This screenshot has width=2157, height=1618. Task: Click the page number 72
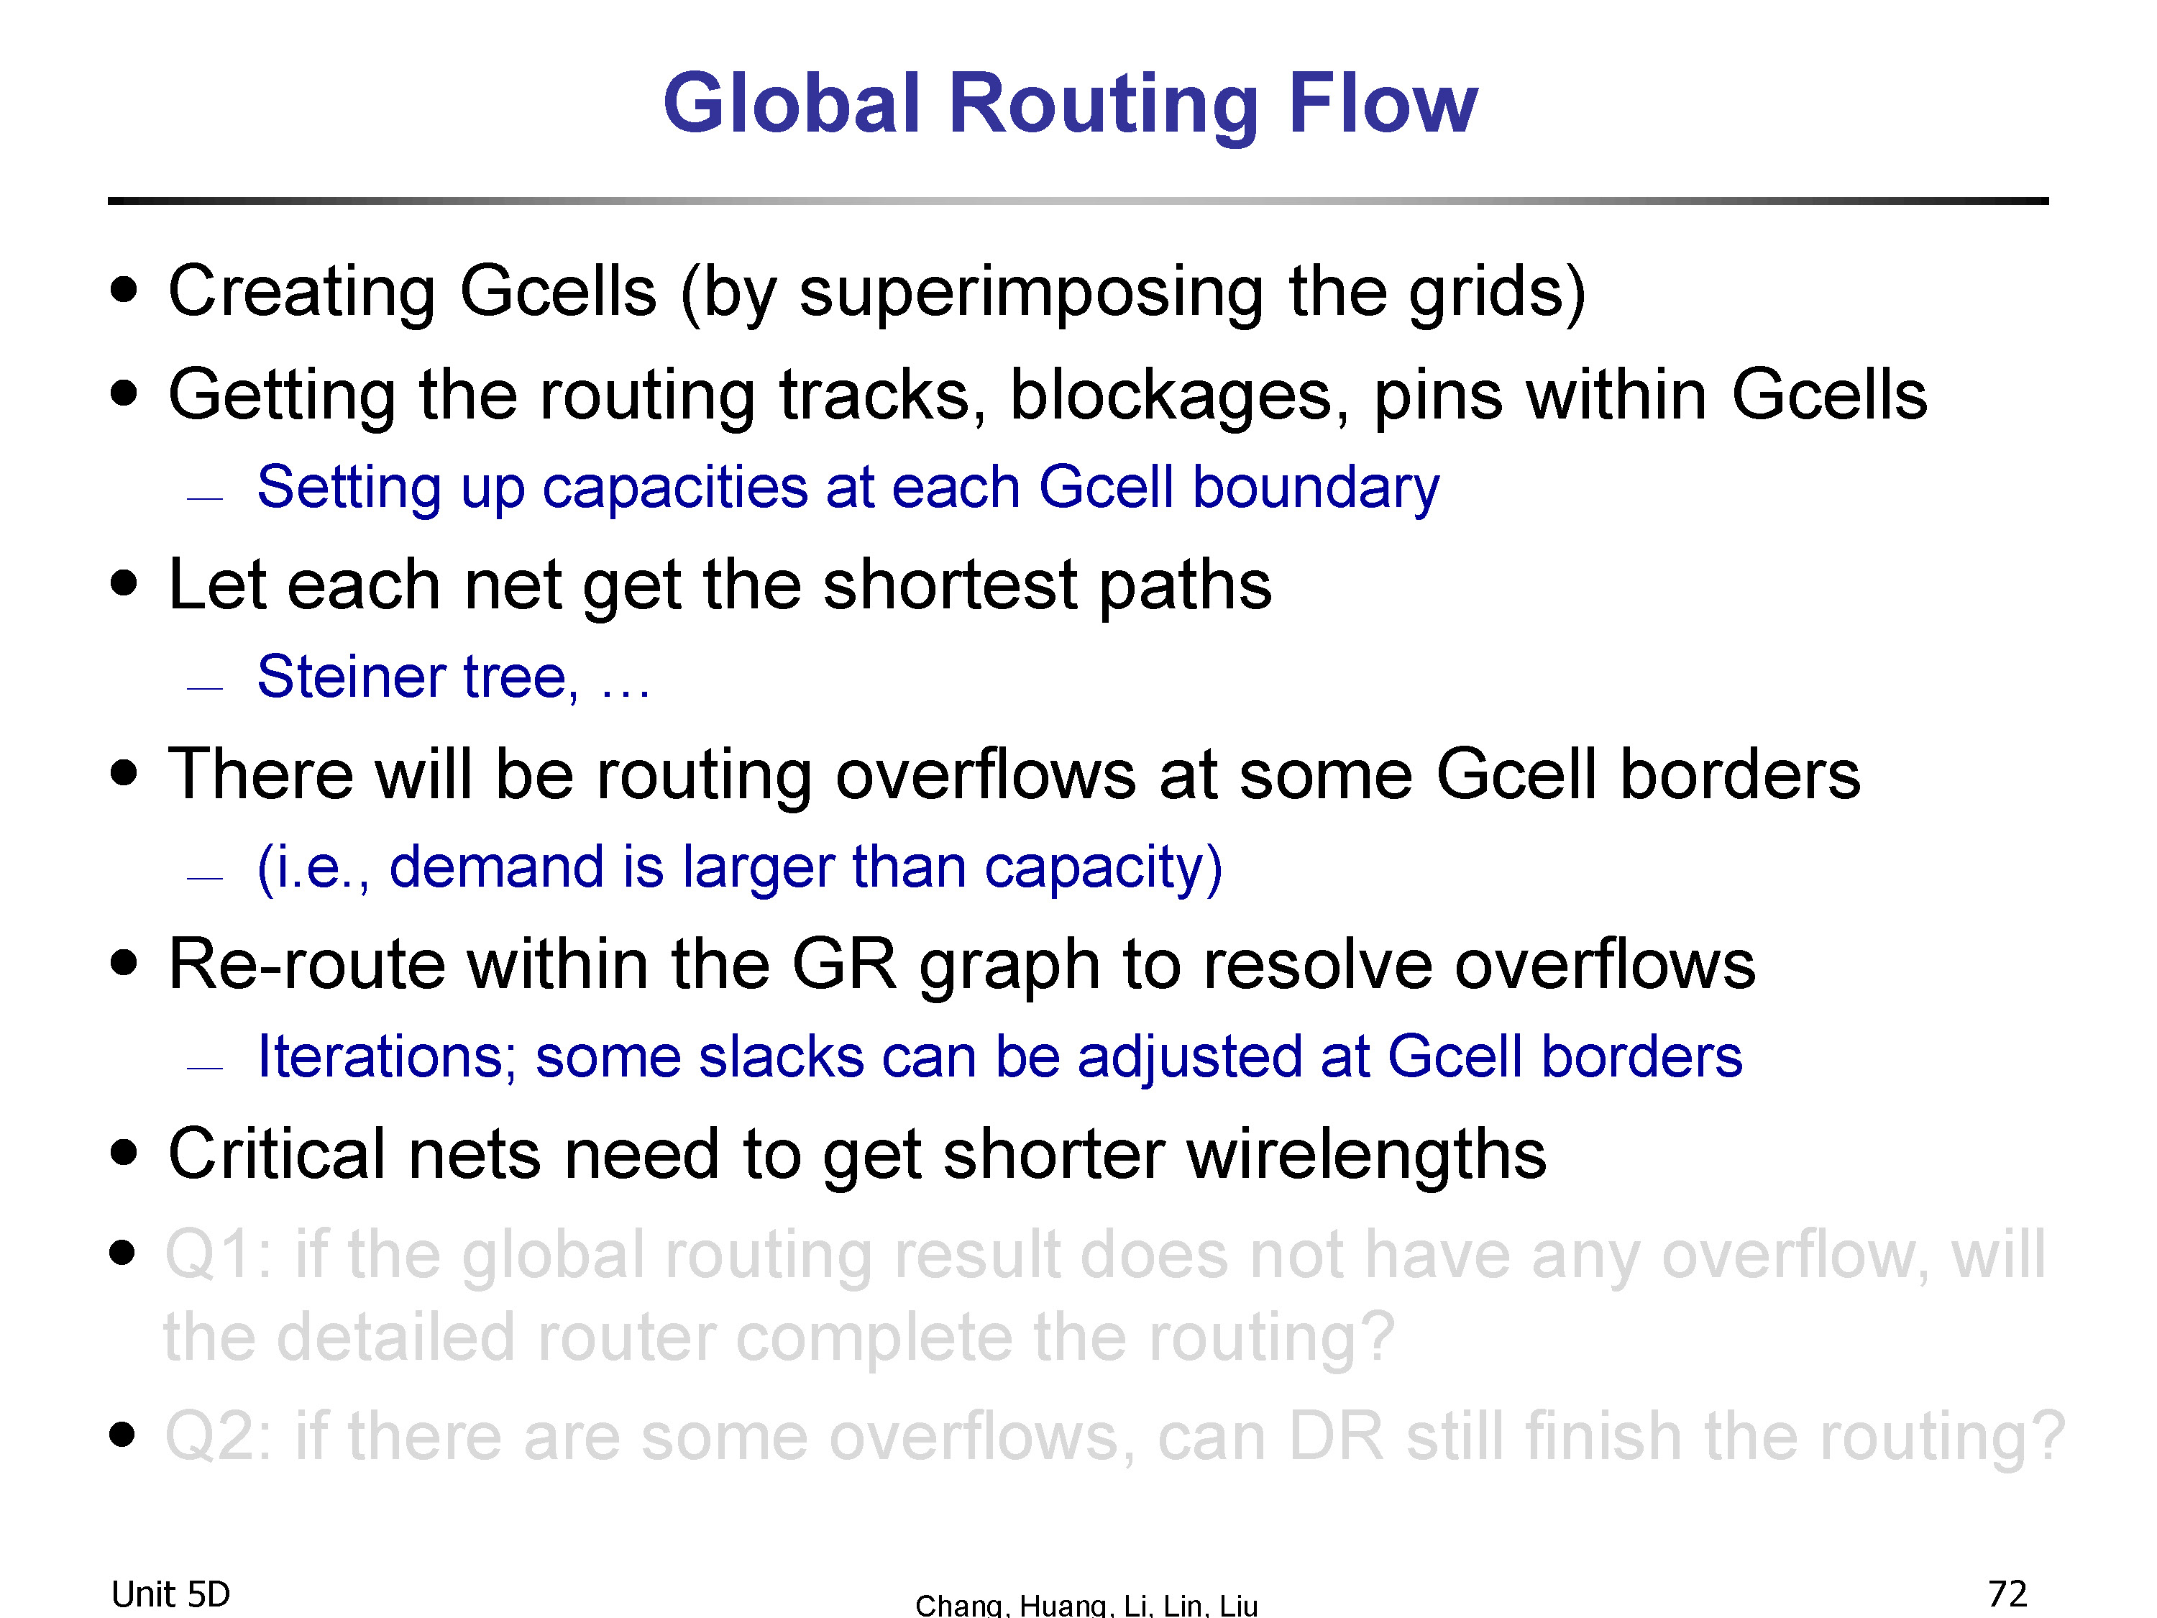(2007, 1594)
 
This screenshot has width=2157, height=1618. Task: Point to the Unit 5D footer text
(170, 1594)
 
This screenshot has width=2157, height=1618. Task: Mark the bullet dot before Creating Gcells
(124, 290)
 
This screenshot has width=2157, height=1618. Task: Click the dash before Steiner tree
(205, 687)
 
